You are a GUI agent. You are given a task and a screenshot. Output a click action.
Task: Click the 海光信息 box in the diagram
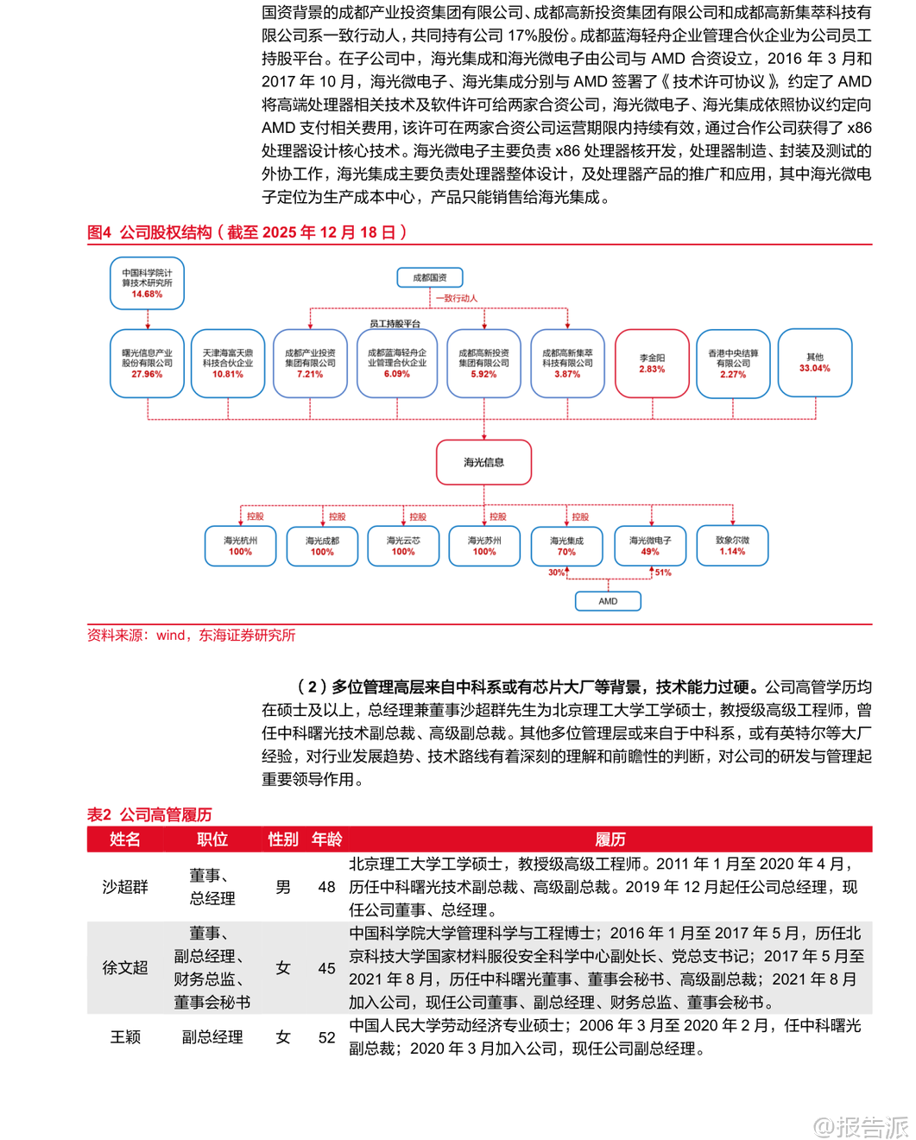click(483, 462)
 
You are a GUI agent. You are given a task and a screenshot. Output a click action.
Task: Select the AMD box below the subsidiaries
click(608, 601)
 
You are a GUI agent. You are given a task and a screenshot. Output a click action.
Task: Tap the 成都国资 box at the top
click(430, 277)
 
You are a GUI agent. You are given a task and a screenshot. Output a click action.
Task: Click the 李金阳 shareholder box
click(652, 364)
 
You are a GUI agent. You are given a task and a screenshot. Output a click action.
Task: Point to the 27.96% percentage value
click(147, 375)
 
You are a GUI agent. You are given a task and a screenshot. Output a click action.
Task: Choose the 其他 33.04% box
click(815, 363)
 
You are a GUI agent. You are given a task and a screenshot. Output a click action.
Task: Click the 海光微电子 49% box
click(650, 546)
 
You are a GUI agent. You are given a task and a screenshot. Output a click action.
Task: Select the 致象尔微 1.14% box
click(732, 546)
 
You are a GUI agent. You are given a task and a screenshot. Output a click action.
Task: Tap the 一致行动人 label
click(457, 298)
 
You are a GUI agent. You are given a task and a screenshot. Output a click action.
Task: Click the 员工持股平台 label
click(395, 324)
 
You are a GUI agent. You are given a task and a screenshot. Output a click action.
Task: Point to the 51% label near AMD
click(663, 573)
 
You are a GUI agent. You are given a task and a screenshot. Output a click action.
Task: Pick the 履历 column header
click(610, 839)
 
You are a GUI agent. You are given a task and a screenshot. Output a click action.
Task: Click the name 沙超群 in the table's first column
click(125, 887)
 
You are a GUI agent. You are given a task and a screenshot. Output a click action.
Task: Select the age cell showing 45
click(326, 968)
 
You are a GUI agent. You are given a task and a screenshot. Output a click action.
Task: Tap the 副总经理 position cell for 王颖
click(212, 1037)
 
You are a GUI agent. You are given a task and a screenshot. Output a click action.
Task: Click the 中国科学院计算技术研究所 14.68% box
click(147, 283)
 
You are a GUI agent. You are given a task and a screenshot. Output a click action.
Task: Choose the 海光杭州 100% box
click(240, 546)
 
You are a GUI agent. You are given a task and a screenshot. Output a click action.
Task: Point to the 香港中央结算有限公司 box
click(733, 364)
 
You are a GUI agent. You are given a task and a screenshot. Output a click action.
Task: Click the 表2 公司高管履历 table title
click(149, 814)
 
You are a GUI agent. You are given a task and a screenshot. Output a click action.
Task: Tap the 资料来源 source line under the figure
click(191, 636)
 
